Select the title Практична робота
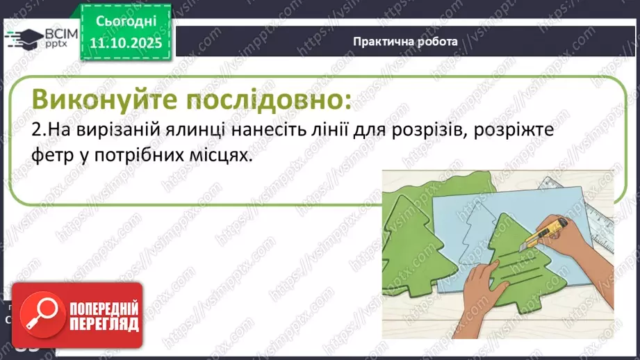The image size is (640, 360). (404, 41)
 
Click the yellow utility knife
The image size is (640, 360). (545, 236)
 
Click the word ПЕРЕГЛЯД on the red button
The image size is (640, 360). (104, 324)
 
